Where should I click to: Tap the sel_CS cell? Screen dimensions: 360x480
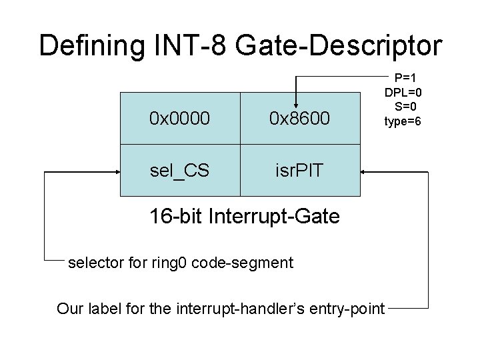tap(179, 170)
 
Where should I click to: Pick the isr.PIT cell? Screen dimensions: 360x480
tap(299, 170)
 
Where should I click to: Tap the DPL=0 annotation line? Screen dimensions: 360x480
tap(403, 91)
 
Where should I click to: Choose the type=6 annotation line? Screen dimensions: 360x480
tap(403, 121)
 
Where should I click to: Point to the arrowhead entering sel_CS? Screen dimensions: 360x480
tap(116, 171)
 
